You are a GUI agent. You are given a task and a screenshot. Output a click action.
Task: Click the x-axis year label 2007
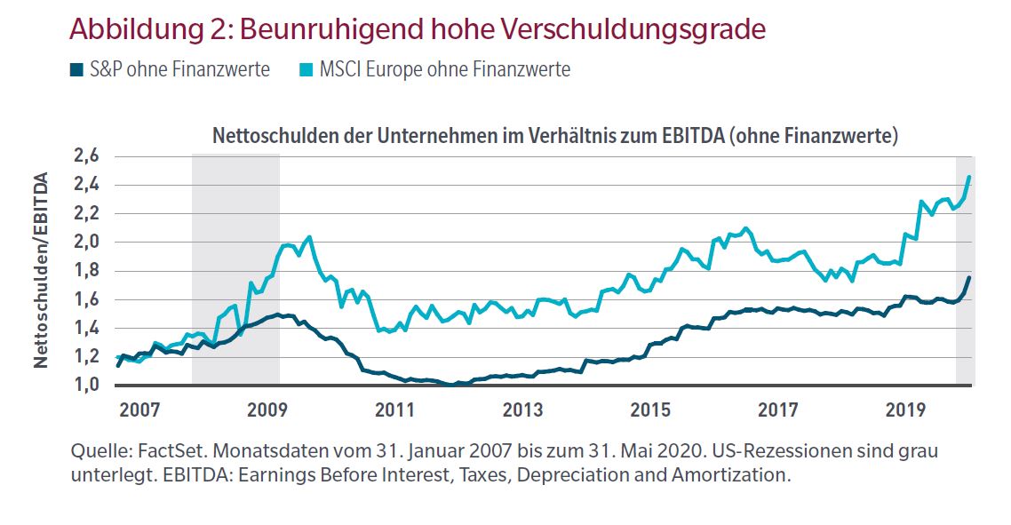[x=139, y=410]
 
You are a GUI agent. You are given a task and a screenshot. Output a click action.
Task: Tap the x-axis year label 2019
[x=906, y=410]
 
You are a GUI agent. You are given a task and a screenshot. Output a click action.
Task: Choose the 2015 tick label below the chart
[x=650, y=410]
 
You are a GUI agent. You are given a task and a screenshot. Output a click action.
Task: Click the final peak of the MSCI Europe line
[x=968, y=178]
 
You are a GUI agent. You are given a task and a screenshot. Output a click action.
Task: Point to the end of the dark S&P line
[x=969, y=278]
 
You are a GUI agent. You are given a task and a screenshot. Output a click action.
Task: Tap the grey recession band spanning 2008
[x=235, y=266]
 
